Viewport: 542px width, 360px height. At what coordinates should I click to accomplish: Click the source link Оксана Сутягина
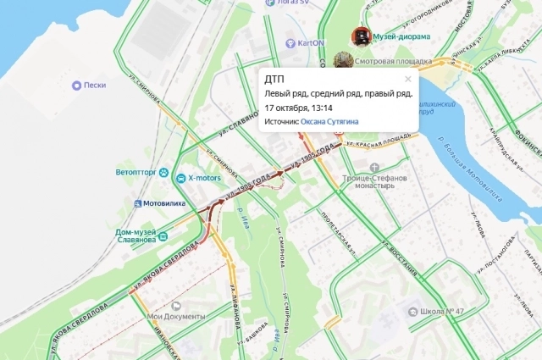[x=329, y=122]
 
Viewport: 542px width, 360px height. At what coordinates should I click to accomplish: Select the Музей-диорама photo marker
[x=362, y=36]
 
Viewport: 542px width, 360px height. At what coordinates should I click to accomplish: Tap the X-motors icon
[x=180, y=178]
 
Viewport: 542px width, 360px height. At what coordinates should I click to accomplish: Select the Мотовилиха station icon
[x=137, y=204]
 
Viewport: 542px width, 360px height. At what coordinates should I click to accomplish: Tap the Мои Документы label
[x=177, y=317]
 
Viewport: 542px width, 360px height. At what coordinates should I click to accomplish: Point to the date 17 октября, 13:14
[x=299, y=108]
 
